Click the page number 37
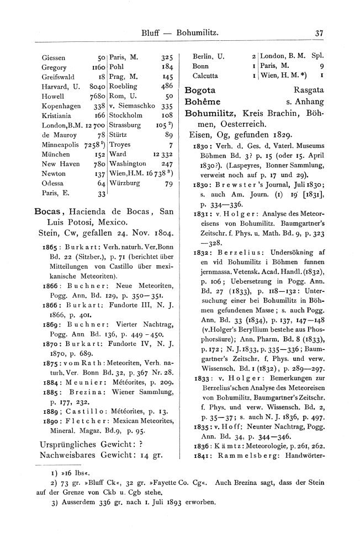(x=319, y=33)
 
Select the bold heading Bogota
(x=200, y=89)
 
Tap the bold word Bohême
(x=203, y=102)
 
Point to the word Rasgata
(x=310, y=89)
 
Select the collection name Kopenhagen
(x=61, y=106)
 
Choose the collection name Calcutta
(x=206, y=76)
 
